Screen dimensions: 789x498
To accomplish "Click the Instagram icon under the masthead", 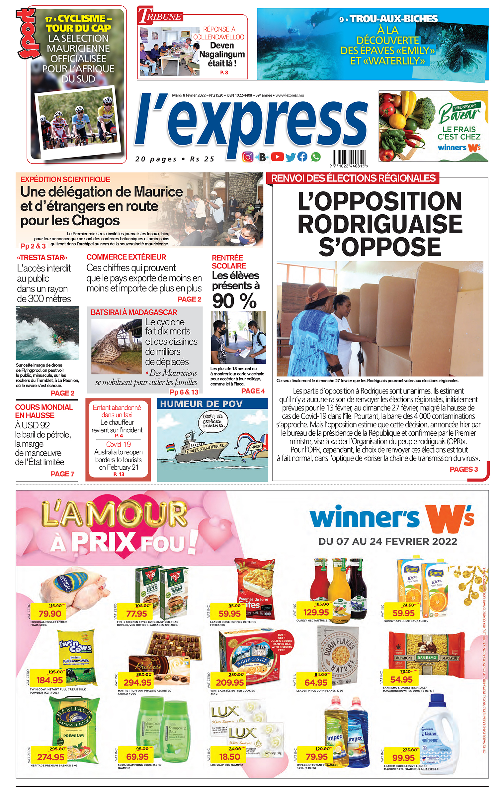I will tap(248, 157).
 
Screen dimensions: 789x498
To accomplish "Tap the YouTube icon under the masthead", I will tap(277, 157).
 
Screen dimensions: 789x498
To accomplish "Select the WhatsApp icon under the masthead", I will tap(316, 157).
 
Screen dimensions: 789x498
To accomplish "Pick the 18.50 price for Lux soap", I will tap(229, 757).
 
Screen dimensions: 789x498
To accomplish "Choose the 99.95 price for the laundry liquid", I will tap(403, 758).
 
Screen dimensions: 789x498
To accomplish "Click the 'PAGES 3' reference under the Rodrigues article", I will tap(463, 469).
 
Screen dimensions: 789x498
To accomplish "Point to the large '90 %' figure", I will tap(234, 301).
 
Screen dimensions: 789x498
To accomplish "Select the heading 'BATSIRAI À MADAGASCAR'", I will tap(134, 312).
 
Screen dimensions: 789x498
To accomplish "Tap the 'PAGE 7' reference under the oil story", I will tap(62, 474).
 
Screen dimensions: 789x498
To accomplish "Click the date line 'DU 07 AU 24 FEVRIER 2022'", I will tap(387, 541).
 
